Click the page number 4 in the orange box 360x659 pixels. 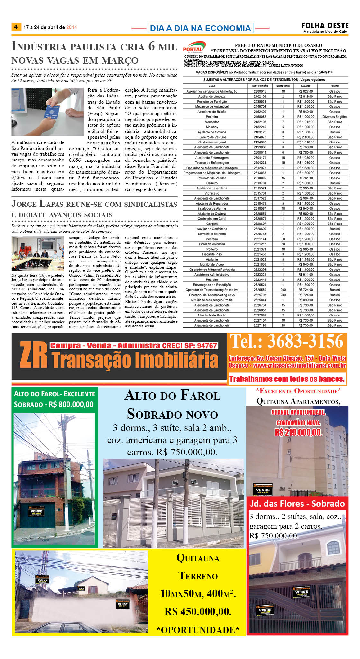coord(16,27)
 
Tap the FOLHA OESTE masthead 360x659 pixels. coord(325,25)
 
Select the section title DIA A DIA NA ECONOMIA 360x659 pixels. coord(200,28)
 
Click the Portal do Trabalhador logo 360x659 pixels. coord(194,48)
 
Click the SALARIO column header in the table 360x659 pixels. coord(306,86)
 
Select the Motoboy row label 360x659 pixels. coord(212,127)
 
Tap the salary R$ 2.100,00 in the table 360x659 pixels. coord(306,137)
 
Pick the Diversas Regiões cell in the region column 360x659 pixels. coord(335,117)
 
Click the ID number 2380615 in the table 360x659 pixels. coord(260,91)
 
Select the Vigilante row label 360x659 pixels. coord(212,259)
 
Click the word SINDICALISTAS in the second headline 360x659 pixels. coord(151,205)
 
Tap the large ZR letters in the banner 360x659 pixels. coord(33,355)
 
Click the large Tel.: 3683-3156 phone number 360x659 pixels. coord(287,342)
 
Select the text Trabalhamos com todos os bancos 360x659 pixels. coord(287,379)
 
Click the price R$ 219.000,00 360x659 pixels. coord(298,433)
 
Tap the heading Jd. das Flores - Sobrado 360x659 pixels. coord(297,504)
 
